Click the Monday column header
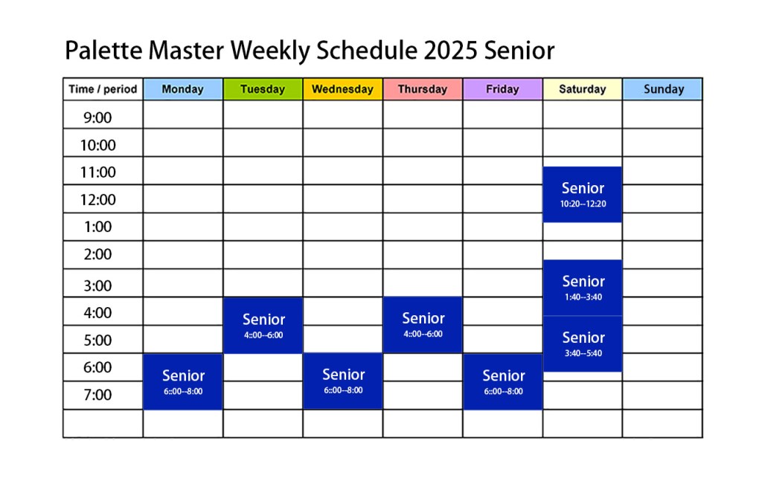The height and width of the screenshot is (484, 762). click(x=183, y=89)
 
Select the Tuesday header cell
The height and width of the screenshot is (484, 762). click(x=263, y=89)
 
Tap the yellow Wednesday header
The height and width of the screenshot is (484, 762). click(x=342, y=89)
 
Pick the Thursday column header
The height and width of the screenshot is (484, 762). click(x=423, y=89)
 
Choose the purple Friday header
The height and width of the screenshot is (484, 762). click(x=502, y=89)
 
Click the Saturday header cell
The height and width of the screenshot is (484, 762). click(x=583, y=89)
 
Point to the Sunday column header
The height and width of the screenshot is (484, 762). click(x=663, y=89)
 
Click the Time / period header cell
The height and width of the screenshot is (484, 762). click(x=103, y=89)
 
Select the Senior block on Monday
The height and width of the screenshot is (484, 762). click(x=183, y=381)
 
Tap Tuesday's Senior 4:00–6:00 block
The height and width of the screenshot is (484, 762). click(x=263, y=325)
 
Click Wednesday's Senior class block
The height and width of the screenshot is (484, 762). click(x=342, y=381)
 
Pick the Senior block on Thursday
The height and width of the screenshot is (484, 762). click(x=423, y=325)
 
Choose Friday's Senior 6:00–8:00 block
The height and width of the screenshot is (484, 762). click(x=503, y=381)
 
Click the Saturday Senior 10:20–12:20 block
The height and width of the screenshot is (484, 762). click(x=583, y=195)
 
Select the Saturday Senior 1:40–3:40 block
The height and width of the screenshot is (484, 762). click(x=583, y=288)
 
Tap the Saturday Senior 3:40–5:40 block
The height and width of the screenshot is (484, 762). click(x=583, y=343)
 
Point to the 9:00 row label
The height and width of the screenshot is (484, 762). click(x=97, y=117)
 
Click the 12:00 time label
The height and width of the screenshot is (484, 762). click(x=97, y=199)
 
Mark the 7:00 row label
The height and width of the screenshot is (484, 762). click(x=97, y=395)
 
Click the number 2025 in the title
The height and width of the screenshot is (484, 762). click(x=450, y=51)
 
